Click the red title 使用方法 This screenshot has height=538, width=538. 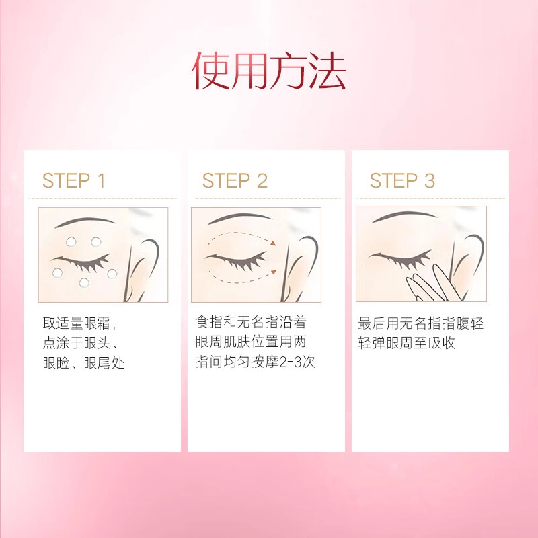[268, 71]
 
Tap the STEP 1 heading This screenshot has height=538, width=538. [73, 180]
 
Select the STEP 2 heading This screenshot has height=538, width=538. [235, 180]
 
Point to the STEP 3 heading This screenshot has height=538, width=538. [402, 180]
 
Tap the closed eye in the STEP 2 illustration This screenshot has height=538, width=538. [236, 261]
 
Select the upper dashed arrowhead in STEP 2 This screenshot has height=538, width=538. [273, 243]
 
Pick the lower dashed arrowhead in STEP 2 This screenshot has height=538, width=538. [274, 272]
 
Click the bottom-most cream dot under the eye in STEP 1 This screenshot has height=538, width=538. [84, 282]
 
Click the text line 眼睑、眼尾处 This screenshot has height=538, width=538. [83, 363]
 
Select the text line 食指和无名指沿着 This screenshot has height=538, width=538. [251, 322]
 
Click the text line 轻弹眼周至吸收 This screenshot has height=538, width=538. [407, 343]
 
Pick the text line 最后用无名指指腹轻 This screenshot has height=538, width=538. [421, 323]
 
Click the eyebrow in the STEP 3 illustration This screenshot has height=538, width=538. [404, 216]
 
